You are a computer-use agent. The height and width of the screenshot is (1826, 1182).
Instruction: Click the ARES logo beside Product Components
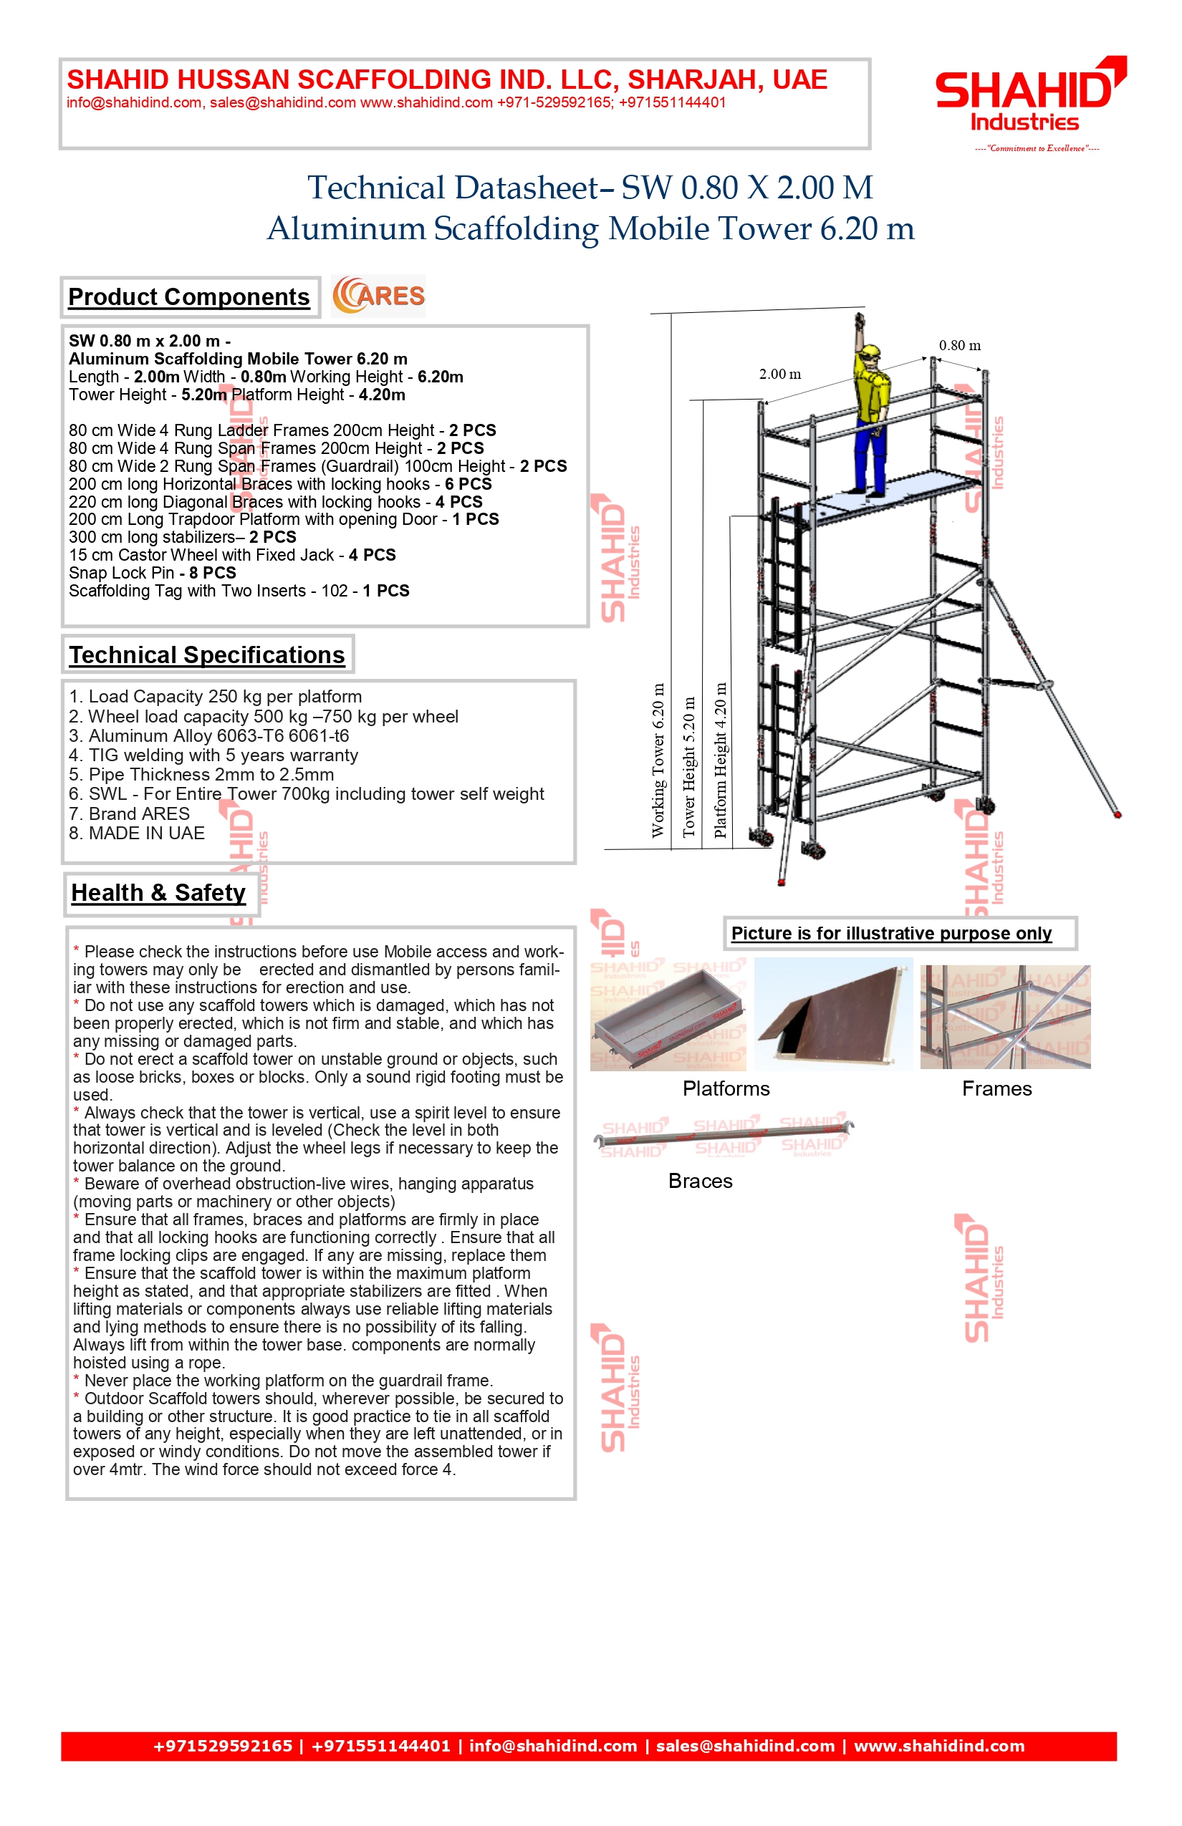(378, 296)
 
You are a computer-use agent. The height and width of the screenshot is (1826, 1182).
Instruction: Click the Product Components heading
(189, 297)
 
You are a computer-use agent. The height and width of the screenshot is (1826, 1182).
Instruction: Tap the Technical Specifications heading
(206, 654)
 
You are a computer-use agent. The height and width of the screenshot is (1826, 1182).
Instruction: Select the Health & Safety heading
(158, 892)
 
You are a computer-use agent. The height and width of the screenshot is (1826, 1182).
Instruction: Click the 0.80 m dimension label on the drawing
(959, 345)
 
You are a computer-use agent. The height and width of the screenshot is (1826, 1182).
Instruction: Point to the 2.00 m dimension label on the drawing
(780, 375)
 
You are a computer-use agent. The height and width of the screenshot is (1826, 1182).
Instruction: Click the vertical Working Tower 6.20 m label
(658, 760)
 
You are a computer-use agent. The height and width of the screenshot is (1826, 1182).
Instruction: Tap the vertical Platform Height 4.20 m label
(720, 760)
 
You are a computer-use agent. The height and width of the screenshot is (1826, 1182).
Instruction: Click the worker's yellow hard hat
(870, 353)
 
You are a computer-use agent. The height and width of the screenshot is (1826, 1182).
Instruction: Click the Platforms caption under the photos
(726, 1088)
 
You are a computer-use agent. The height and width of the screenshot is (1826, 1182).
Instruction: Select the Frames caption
(997, 1088)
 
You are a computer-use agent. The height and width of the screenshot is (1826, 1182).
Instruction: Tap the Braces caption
(700, 1181)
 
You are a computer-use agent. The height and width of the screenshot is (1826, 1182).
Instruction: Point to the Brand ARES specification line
(130, 813)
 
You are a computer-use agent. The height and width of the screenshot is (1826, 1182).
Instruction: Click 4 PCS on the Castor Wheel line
(373, 555)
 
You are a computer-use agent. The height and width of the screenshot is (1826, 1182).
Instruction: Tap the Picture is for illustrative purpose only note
(891, 933)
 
